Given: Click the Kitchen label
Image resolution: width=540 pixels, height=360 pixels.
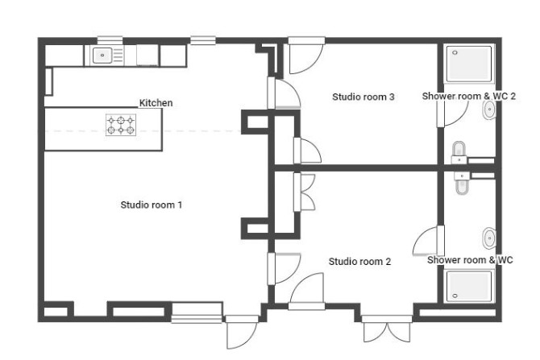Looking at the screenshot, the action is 156,103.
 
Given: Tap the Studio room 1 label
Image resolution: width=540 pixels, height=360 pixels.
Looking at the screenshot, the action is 152,205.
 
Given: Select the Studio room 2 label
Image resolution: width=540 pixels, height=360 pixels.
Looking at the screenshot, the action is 359,262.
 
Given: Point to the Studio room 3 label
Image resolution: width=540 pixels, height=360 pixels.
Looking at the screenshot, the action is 363,97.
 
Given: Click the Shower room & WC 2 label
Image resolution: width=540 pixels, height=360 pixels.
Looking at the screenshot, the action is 469,96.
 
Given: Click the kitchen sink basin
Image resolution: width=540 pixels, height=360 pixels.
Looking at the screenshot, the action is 102,55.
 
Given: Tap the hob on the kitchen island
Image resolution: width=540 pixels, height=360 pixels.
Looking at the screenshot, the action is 121,125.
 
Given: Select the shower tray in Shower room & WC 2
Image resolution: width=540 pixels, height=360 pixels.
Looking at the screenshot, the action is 469,64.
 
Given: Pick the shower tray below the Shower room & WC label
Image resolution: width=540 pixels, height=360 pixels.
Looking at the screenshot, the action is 469,287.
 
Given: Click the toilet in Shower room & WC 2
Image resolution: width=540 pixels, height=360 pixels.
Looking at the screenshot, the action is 459,152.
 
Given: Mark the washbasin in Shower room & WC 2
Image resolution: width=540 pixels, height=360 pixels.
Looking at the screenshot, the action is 489,110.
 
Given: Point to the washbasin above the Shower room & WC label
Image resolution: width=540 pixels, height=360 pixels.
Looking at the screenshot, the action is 489,238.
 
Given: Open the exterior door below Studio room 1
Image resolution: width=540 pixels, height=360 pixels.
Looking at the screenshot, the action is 241,332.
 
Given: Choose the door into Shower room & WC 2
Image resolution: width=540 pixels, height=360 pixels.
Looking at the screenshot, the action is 452,110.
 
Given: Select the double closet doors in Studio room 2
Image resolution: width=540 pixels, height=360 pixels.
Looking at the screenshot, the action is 304,192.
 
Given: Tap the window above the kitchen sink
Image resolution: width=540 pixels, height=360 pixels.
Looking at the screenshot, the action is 110,40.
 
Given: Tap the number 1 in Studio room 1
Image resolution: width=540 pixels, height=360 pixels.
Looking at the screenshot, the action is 180,205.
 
